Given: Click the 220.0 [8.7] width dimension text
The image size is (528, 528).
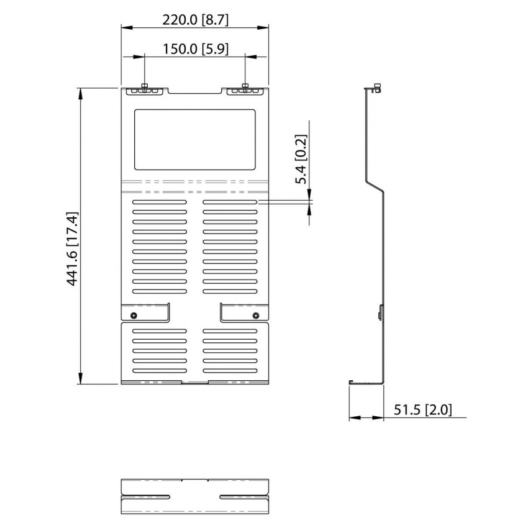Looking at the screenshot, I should pyautogui.click(x=195, y=19).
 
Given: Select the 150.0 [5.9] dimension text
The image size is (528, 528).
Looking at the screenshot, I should pyautogui.click(x=195, y=49).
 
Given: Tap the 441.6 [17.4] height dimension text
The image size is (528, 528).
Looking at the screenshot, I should pyautogui.click(x=73, y=248).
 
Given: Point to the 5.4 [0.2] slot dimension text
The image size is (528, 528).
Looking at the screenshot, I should pyautogui.click(x=301, y=159).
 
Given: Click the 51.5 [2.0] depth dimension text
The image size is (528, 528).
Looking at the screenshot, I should pyautogui.click(x=423, y=410).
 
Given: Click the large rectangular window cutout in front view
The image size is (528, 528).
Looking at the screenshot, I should pyautogui.click(x=195, y=140).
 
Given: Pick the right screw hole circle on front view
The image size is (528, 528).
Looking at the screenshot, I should pyautogui.click(x=255, y=316).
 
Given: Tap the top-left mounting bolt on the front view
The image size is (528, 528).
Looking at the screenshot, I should pyautogui.click(x=144, y=87).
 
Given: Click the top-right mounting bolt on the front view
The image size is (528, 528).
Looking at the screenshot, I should pyautogui.click(x=245, y=87).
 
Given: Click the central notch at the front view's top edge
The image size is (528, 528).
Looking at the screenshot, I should pyautogui.click(x=195, y=92).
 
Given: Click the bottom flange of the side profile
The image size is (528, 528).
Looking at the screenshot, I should pyautogui.click(x=366, y=383).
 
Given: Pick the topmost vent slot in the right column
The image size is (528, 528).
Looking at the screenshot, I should pyautogui.click(x=230, y=203).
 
